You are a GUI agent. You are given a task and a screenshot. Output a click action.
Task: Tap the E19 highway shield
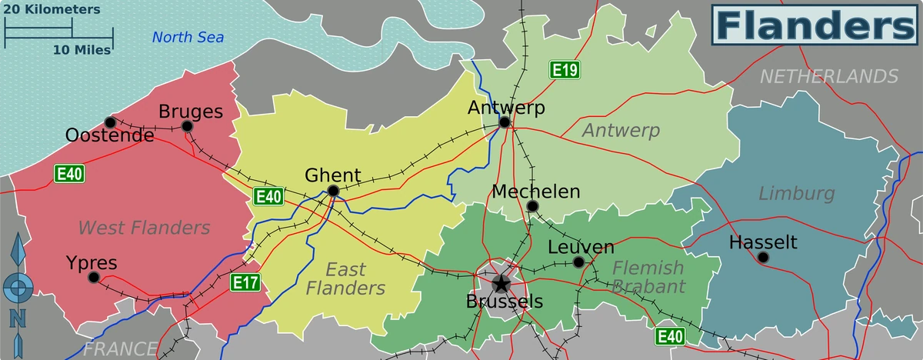564,70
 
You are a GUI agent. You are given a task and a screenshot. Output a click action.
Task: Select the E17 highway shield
245,283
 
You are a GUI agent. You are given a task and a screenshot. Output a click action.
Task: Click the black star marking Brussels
501,284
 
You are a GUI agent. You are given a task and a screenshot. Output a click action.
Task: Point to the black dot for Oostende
110,122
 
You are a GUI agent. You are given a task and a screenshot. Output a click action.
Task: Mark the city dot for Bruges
187,126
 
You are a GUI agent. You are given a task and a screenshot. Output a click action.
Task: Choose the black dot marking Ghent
333,190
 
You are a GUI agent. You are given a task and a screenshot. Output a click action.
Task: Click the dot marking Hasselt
762,257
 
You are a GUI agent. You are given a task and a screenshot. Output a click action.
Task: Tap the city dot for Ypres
93,277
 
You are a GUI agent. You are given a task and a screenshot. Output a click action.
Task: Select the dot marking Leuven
578,262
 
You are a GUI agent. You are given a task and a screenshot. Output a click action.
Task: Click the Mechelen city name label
536,192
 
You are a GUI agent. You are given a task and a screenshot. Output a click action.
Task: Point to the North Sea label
188,37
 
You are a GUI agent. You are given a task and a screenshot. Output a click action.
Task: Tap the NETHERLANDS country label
829,76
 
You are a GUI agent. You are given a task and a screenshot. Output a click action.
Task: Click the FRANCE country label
120,348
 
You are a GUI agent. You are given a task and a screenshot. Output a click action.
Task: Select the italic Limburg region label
797,193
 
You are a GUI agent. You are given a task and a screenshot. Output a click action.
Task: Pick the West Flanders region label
144,227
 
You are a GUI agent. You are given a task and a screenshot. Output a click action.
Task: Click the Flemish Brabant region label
648,277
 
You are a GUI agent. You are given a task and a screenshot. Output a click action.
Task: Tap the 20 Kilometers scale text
52,10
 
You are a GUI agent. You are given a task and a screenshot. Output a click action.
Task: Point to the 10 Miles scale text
82,50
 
